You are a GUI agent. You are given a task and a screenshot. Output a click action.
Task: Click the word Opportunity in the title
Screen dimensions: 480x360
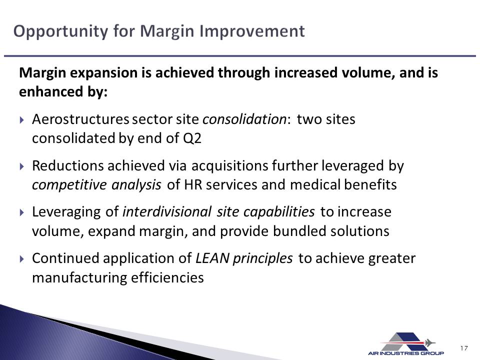coord(60,31)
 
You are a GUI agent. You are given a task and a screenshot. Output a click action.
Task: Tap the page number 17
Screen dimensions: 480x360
coord(464,348)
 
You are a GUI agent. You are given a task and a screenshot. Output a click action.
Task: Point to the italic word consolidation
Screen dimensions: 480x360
coord(244,119)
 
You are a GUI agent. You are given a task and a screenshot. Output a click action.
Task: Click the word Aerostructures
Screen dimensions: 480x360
coord(80,119)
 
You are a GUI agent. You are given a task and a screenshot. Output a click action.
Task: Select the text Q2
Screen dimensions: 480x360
coord(192,138)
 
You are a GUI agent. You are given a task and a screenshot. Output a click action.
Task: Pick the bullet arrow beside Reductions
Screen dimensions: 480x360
coord(21,166)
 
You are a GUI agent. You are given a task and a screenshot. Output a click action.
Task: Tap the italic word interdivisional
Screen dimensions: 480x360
coord(167,212)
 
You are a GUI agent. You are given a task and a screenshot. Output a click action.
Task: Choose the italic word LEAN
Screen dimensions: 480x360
coord(212,258)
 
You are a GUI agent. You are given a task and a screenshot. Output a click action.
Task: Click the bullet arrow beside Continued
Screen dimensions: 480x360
coord(21,259)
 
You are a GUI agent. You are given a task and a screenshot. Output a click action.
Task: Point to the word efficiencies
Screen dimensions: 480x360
coord(167,278)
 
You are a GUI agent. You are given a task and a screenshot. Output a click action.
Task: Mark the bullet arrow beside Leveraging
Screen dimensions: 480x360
coord(21,212)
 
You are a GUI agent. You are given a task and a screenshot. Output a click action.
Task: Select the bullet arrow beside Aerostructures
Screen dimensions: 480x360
coord(21,119)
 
